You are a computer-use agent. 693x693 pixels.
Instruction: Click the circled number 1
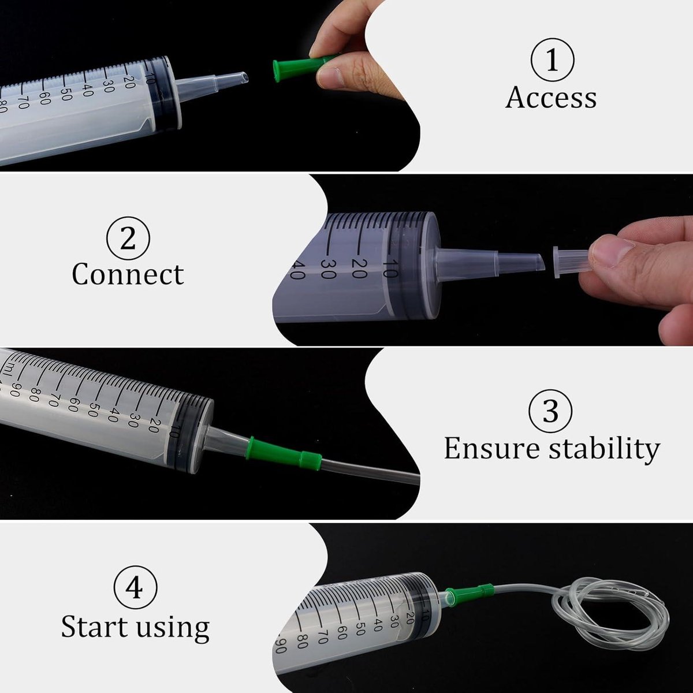(553, 59)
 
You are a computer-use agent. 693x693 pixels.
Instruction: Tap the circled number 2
(128, 238)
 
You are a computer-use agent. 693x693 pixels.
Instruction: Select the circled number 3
(550, 411)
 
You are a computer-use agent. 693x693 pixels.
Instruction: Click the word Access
(551, 98)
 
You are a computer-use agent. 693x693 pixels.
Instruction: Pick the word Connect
(128, 274)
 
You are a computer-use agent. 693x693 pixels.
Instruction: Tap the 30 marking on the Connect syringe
(328, 269)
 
